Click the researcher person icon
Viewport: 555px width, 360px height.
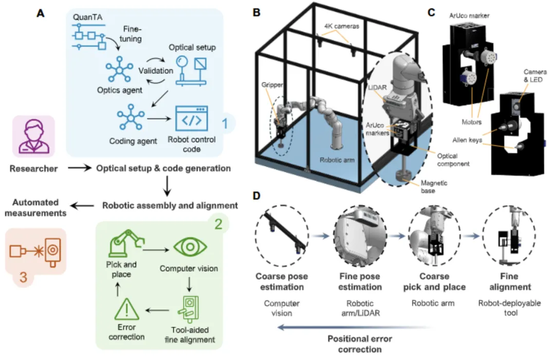(33, 137)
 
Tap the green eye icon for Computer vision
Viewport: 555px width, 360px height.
(190, 247)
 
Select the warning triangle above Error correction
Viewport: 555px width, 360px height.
(127, 309)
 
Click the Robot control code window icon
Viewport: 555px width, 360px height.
(192, 119)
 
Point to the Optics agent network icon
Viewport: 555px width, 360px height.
(119, 70)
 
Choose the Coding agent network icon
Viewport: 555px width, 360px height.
(131, 117)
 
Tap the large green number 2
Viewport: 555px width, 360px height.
(218, 224)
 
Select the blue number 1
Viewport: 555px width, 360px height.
(225, 123)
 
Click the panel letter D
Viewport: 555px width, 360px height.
(256, 196)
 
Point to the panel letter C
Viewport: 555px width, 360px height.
(431, 12)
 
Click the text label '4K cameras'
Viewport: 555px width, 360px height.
(342, 26)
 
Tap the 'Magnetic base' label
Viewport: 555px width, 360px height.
(434, 187)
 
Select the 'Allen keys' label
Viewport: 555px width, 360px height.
(467, 140)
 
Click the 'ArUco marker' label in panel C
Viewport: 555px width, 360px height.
(469, 15)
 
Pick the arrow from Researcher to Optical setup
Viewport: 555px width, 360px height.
(80, 168)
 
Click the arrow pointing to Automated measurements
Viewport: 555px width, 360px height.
(82, 205)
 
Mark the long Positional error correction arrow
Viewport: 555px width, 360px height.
(356, 328)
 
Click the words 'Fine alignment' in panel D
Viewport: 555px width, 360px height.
(510, 281)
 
